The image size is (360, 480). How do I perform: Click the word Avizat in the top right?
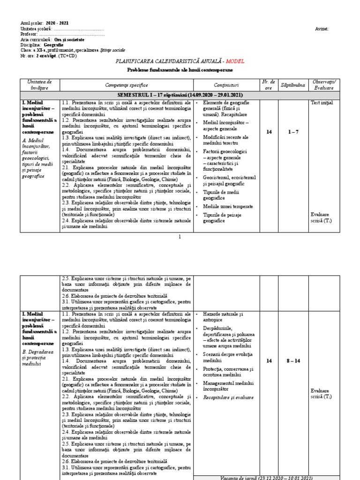point(322,29)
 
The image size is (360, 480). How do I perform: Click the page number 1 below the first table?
point(180,237)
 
